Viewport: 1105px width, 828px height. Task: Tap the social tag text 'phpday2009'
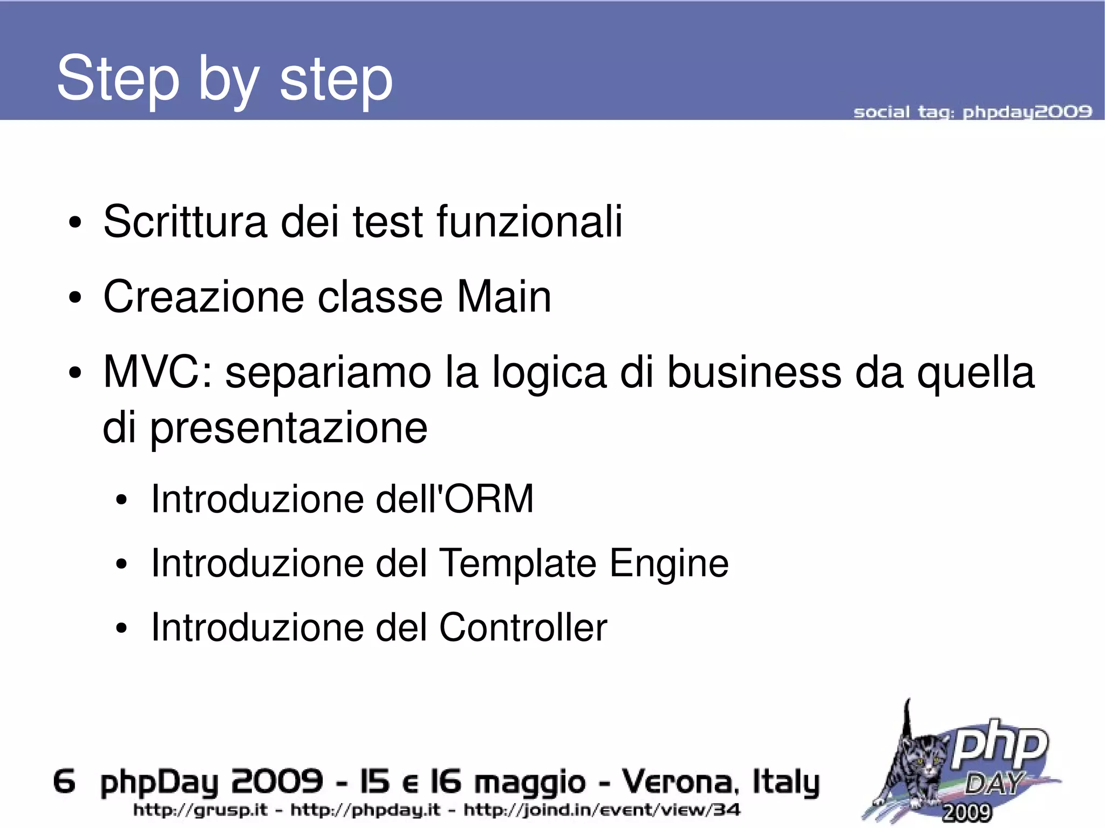click(x=1027, y=112)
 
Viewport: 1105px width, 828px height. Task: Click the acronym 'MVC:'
click(x=158, y=372)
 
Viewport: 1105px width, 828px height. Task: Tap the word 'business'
click(x=754, y=372)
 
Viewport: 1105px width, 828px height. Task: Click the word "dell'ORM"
click(x=454, y=498)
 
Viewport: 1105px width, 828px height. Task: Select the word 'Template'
click(x=518, y=563)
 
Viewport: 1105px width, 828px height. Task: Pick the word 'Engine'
click(x=669, y=563)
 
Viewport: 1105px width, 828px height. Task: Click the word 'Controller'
click(x=523, y=627)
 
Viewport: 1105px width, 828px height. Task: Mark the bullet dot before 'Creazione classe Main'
click(x=75, y=298)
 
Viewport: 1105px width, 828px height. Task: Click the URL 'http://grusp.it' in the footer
click(x=200, y=810)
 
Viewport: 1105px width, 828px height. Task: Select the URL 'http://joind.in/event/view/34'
click(x=602, y=810)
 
